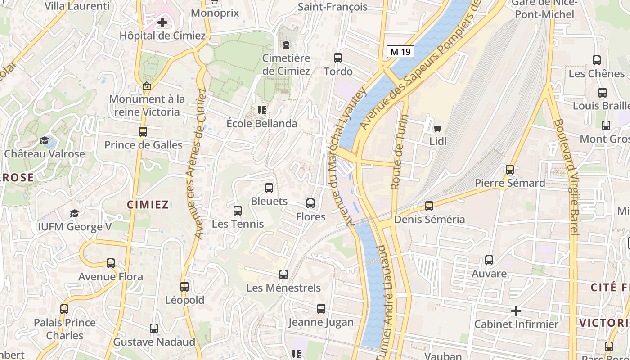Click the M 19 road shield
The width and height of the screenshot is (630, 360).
point(400,52)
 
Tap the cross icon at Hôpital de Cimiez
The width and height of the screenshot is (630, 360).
point(162,22)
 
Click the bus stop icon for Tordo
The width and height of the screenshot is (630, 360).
point(338,58)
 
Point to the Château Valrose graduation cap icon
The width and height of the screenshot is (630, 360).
point(45,141)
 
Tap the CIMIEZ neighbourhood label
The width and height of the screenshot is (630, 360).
point(148,205)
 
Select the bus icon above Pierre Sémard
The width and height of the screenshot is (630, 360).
point(510,170)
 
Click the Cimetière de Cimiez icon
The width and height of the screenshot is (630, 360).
point(286,45)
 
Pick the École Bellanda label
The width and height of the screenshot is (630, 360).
point(262,123)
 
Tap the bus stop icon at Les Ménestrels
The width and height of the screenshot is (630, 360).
point(283,274)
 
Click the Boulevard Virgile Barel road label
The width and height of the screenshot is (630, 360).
point(566,176)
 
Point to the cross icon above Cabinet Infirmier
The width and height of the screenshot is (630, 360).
point(516,311)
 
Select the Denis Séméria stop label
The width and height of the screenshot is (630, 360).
point(430,220)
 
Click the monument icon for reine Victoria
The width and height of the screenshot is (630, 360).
point(146,86)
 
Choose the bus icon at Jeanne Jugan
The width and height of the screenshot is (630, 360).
point(321,309)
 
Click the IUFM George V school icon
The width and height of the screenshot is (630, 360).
point(74,213)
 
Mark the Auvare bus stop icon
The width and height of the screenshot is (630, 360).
point(489,260)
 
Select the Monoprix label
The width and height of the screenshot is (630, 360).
point(215,13)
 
